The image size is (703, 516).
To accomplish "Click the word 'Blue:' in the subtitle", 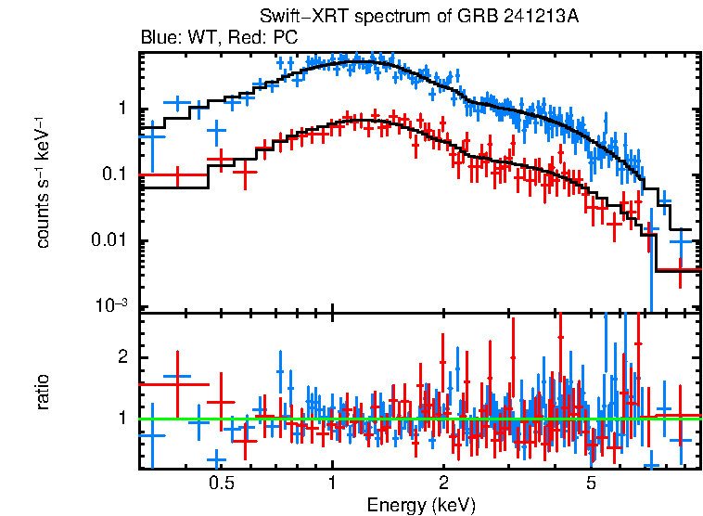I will (x=159, y=38).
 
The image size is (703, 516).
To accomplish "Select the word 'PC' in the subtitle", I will (x=286, y=38).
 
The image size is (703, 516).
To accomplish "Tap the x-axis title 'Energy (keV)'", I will (x=421, y=505).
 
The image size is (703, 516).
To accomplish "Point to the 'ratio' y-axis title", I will (x=44, y=391).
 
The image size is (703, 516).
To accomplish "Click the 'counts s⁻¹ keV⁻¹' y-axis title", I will (x=44, y=181).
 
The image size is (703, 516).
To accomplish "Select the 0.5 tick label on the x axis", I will (x=221, y=484).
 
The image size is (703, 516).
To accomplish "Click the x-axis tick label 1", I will (x=332, y=484).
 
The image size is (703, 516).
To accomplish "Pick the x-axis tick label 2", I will (x=443, y=484).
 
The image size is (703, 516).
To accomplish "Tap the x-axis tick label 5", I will (x=591, y=484).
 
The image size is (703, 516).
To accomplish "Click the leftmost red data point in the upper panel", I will (x=173, y=174).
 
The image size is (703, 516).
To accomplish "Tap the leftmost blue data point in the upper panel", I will (x=152, y=135).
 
